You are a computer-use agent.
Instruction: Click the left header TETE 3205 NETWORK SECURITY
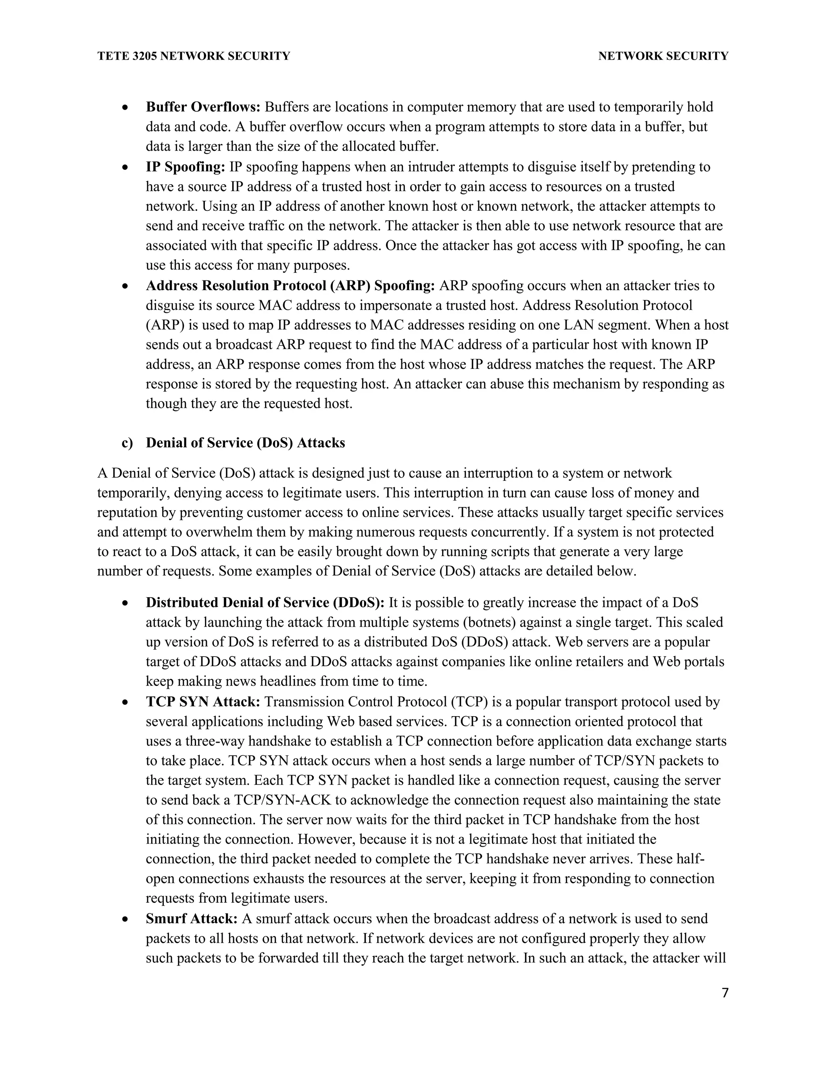pyautogui.click(x=194, y=56)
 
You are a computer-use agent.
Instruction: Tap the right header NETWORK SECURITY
pyautogui.click(x=663, y=56)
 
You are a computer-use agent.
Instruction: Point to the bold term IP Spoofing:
pyautogui.click(x=185, y=167)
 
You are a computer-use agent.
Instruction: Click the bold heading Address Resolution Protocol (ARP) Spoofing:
pyautogui.click(x=290, y=286)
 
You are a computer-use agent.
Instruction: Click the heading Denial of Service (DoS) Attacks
pyautogui.click(x=245, y=443)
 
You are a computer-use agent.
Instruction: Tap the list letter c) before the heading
pyautogui.click(x=127, y=443)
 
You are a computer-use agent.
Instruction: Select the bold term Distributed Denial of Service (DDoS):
pyautogui.click(x=265, y=603)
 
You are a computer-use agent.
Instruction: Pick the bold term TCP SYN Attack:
pyautogui.click(x=202, y=702)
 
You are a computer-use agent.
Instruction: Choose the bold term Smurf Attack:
pyautogui.click(x=191, y=919)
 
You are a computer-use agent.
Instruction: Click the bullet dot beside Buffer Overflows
pyautogui.click(x=126, y=108)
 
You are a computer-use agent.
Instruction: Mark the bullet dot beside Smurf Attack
pyautogui.click(x=126, y=919)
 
